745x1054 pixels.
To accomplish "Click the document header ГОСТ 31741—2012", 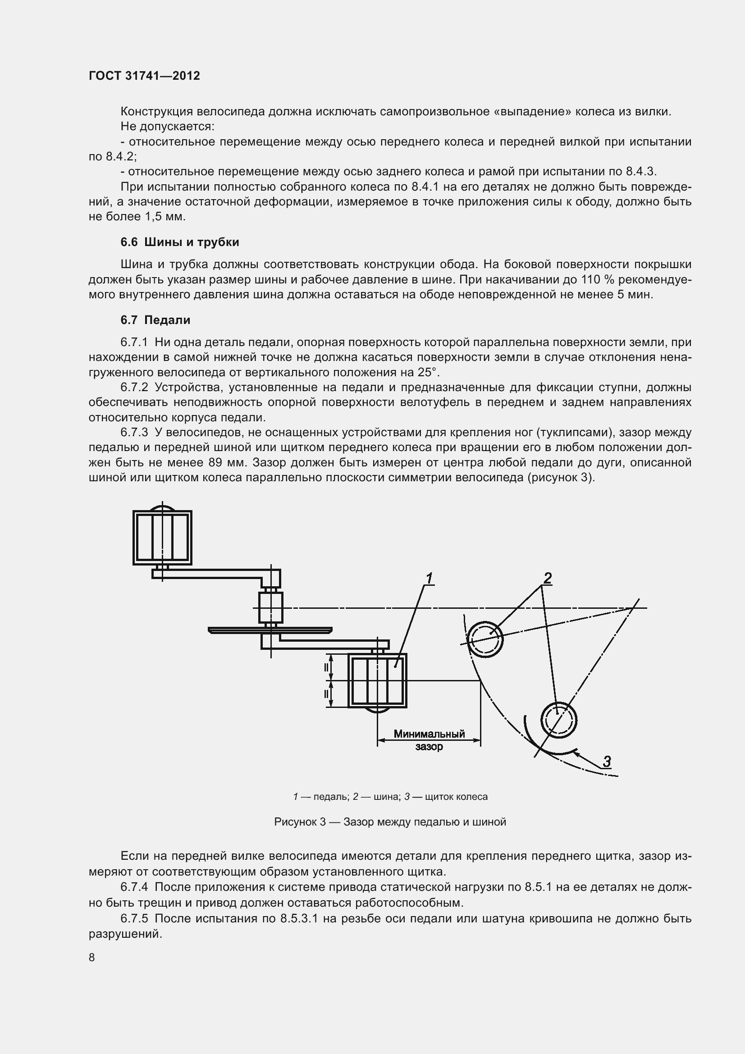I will (144, 76).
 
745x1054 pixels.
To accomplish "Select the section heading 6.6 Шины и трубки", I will (179, 242).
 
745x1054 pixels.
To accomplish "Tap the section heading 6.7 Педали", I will (155, 320).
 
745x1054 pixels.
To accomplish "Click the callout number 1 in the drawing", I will (430, 579).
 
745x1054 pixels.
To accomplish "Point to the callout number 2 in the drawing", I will (547, 578).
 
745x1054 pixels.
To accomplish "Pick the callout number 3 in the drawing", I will (607, 762).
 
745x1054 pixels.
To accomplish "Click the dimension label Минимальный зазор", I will (429, 739).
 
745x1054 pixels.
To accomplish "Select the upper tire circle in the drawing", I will (485, 639).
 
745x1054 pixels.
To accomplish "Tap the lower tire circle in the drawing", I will (558, 720).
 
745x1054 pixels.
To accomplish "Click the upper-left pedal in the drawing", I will (162, 538).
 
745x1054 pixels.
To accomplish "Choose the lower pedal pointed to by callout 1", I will (377, 681).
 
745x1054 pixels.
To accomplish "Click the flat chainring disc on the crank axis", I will (270, 630).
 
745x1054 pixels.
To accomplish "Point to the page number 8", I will (92, 957).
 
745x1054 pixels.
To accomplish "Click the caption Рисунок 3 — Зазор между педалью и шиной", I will (390, 822).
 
